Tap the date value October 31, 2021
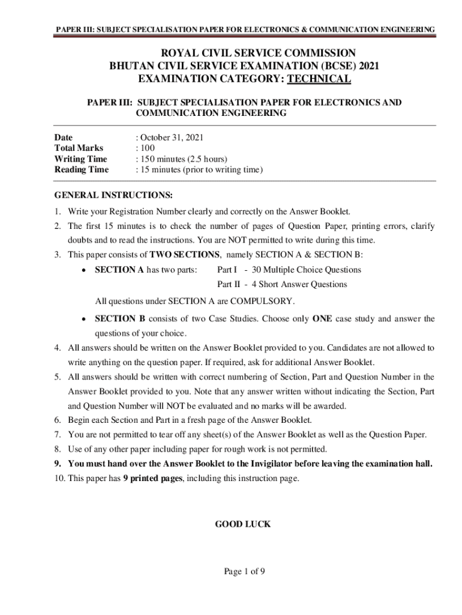172,137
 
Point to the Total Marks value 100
147,148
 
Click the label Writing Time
81,159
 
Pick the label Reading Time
82,169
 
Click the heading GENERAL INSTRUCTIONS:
113,195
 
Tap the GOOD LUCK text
243,524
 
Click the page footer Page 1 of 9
245,571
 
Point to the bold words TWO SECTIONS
185,254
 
